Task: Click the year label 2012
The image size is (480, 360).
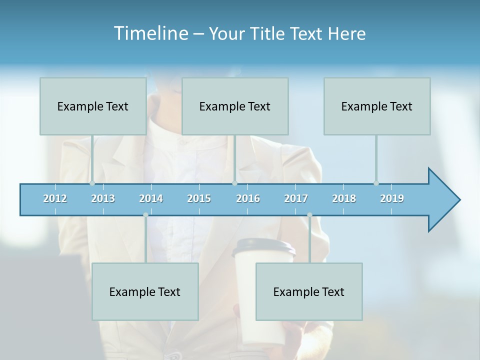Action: tap(55, 198)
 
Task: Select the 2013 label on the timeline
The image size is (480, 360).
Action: tap(103, 198)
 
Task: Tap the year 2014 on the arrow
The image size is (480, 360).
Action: tap(151, 198)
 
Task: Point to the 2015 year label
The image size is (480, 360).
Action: tap(199, 198)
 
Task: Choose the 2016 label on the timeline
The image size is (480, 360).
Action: tap(248, 198)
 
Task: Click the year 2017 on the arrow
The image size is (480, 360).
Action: tap(296, 198)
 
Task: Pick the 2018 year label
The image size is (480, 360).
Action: tap(344, 198)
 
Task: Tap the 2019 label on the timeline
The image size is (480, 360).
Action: tap(392, 198)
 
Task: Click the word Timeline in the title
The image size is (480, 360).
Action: tap(150, 33)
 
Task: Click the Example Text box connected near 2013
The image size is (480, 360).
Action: tap(93, 106)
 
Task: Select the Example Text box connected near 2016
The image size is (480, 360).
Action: tap(235, 106)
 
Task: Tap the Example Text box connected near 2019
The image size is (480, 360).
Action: tap(377, 106)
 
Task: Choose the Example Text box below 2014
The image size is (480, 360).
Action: tap(145, 291)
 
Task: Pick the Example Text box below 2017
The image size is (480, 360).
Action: tap(309, 291)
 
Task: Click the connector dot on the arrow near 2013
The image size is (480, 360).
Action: tap(92, 183)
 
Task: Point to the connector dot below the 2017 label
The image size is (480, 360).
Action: tap(309, 215)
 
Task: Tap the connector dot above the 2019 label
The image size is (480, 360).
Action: tap(376, 183)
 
